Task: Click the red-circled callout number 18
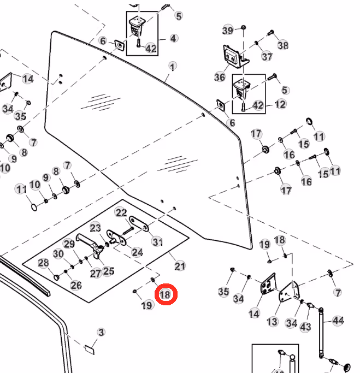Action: tap(166, 294)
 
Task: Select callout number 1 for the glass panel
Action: tap(173, 67)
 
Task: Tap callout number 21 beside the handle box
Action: tap(180, 266)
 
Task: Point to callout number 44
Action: tap(338, 321)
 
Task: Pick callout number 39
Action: tap(228, 30)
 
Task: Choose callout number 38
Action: tap(283, 45)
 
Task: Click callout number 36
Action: tap(220, 77)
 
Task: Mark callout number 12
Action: tap(280, 104)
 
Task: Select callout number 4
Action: tap(174, 38)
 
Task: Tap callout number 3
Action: tap(101, 332)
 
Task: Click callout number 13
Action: tap(272, 322)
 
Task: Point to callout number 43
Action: tap(305, 327)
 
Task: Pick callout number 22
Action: tap(121, 212)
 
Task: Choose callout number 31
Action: tap(157, 242)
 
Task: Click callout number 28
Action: tap(43, 263)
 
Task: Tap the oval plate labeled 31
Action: tap(139, 223)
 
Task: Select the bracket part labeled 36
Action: tap(235, 56)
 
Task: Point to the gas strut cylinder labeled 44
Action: tap(321, 333)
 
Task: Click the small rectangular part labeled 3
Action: tap(90, 350)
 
